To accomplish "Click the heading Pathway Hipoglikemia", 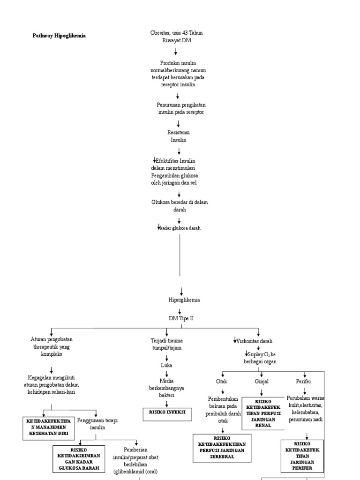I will point(59,36).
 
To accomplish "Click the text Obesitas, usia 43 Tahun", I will point(176,33).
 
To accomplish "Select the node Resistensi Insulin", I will point(178,136).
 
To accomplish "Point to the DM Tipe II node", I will point(181,318).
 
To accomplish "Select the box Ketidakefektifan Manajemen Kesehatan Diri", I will point(49,427).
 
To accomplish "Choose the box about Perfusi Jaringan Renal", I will point(263,413).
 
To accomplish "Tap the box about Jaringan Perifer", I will point(302,455).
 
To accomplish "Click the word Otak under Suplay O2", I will point(222,382).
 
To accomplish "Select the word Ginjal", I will point(262,382).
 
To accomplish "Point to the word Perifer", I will point(303,382).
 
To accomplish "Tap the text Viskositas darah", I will point(255,341).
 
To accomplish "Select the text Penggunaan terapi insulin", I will point(97,424).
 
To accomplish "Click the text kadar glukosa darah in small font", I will point(180,228).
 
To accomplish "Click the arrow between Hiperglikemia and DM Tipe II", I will point(179,310).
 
